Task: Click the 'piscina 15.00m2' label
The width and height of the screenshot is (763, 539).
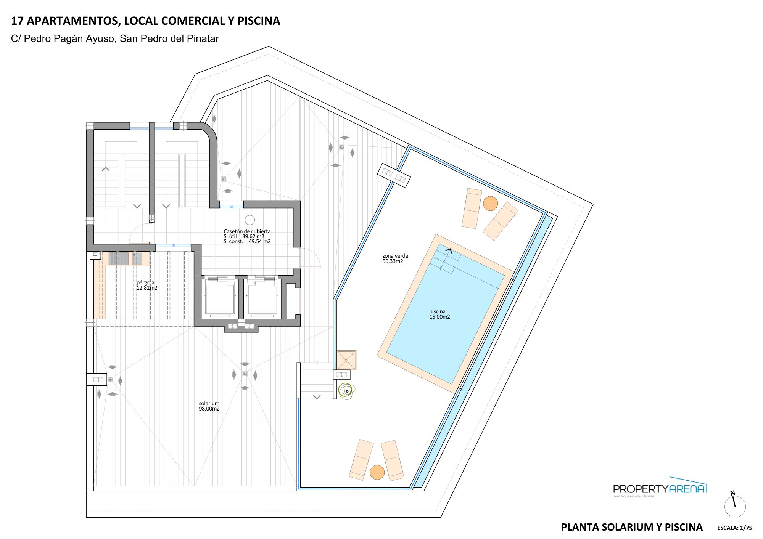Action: coord(439,314)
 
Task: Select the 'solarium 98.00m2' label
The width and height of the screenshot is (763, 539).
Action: coord(209,406)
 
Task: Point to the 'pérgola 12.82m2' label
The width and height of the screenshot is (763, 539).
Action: coord(146,285)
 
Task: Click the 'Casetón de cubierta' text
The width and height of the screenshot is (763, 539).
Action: coord(247,231)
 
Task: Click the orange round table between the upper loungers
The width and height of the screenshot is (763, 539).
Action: coord(490,203)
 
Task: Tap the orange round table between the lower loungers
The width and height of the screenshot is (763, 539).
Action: coord(377,472)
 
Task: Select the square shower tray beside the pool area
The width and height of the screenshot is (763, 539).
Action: coord(346,360)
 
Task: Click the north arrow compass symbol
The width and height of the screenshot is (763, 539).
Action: coord(735,505)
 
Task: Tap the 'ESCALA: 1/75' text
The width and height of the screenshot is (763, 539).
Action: coord(734,528)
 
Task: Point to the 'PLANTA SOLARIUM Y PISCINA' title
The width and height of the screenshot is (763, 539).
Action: coord(631,527)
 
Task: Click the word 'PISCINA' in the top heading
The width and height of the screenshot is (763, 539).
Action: coord(259,21)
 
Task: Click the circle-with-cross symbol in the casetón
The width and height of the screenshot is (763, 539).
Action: coord(250,220)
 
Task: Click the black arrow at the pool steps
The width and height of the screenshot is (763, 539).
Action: coord(449,251)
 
